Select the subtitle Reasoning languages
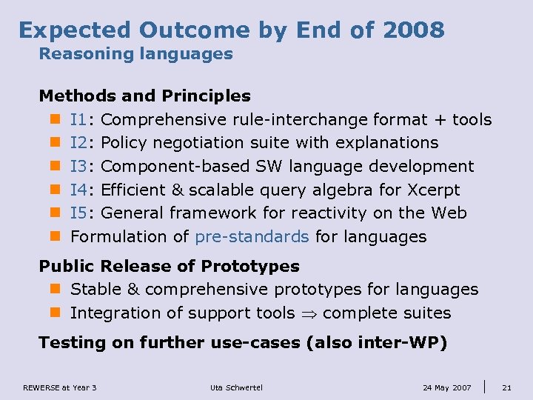pyautogui.click(x=135, y=54)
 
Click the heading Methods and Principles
pyautogui.click(x=144, y=96)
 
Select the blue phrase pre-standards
pyautogui.click(x=252, y=237)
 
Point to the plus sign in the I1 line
pyautogui.click(x=440, y=120)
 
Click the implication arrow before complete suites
pyautogui.click(x=309, y=313)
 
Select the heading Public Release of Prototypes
pyautogui.click(x=169, y=266)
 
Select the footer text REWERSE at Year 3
pyautogui.click(x=60, y=387)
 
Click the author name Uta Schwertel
pyautogui.click(x=236, y=387)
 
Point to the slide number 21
pyautogui.click(x=506, y=387)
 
